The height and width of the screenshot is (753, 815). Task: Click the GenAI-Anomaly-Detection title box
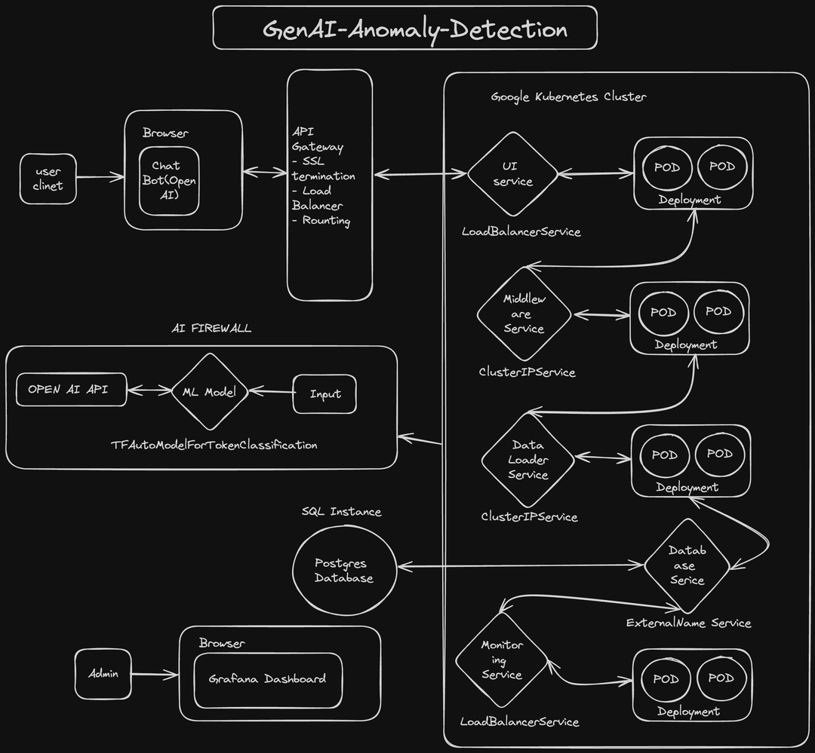[x=405, y=28]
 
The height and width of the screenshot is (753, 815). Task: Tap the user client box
[x=48, y=179]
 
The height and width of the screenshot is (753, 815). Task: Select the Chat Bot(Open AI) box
[x=170, y=181]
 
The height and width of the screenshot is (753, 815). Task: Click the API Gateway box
[x=330, y=185]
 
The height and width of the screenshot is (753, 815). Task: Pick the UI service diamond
[x=512, y=174]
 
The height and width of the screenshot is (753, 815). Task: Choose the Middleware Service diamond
[x=524, y=314]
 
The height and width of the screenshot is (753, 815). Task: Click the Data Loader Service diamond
[x=528, y=460]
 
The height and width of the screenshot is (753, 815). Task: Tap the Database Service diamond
[x=687, y=566]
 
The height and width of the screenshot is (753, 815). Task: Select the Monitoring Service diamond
[x=502, y=660]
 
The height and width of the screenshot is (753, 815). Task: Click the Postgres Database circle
[x=343, y=571]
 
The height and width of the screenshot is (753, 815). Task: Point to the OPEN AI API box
[x=71, y=390]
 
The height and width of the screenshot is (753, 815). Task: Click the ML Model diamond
[x=209, y=392]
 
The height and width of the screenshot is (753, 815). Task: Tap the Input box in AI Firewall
[x=324, y=393]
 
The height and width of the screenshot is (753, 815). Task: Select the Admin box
[x=103, y=674]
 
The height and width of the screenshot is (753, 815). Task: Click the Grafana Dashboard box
[x=267, y=679]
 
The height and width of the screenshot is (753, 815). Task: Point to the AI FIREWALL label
[x=211, y=329]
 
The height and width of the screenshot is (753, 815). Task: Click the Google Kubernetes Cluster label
[x=568, y=97]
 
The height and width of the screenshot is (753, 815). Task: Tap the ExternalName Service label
[x=688, y=623]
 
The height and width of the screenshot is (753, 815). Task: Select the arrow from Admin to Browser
[x=155, y=674]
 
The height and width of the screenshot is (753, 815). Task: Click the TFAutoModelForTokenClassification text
[x=214, y=445]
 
